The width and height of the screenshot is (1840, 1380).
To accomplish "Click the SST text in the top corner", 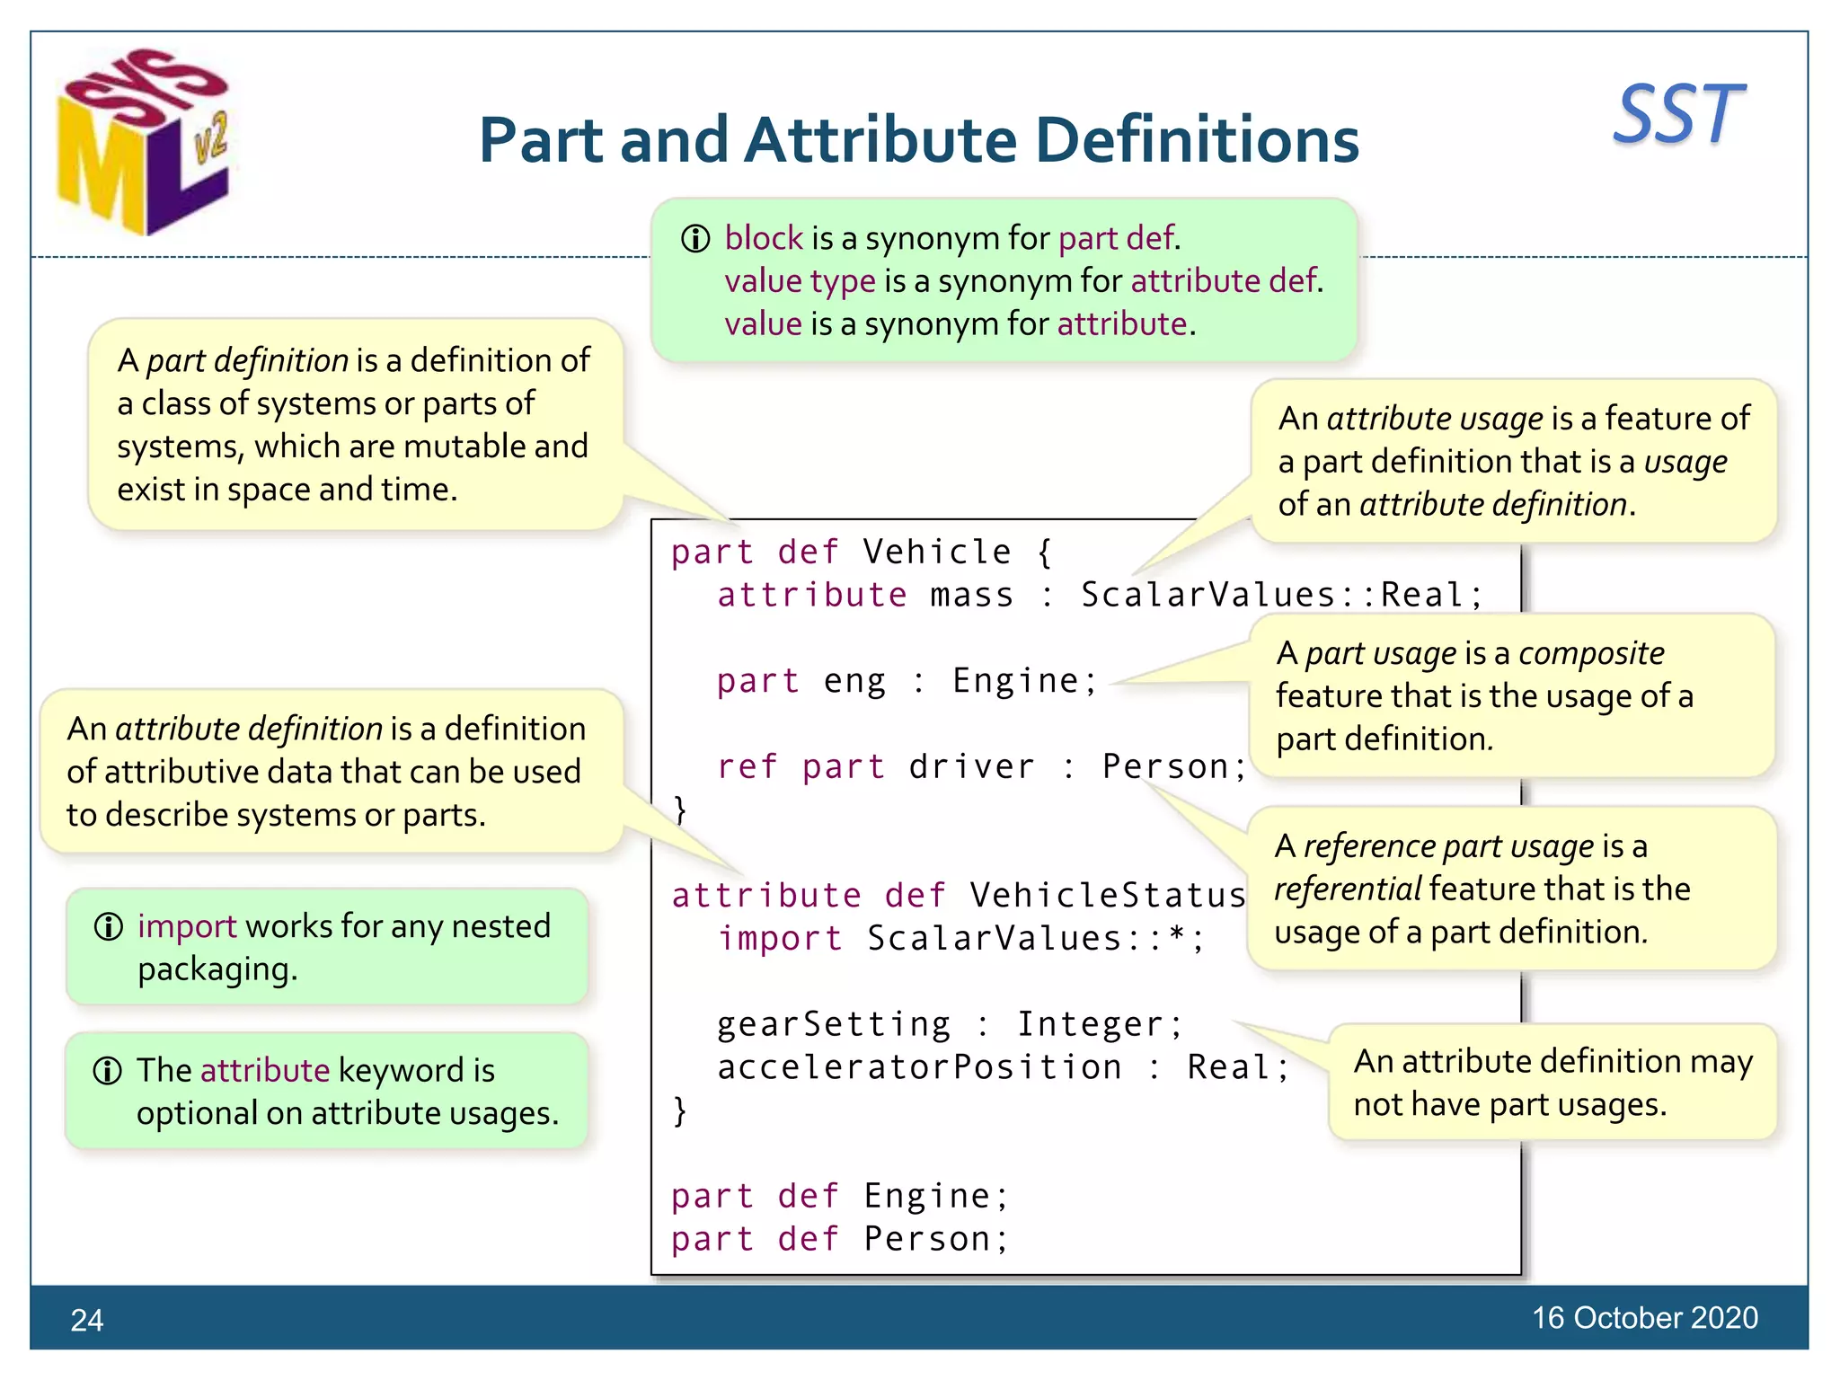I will click(x=1677, y=114).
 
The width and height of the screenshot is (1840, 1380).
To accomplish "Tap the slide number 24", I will click(x=87, y=1320).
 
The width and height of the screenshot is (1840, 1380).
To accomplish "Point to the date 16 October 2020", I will click(x=1644, y=1317).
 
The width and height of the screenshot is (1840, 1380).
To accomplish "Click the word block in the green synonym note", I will click(x=764, y=238).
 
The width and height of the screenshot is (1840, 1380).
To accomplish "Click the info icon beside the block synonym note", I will click(x=695, y=239).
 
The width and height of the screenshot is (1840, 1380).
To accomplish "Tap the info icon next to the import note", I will click(x=109, y=926).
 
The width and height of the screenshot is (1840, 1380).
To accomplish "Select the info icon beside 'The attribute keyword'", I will click(x=108, y=1071).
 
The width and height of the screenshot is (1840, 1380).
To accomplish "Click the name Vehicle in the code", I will click(x=937, y=552).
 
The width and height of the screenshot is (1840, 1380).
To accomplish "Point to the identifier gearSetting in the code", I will click(x=834, y=1024).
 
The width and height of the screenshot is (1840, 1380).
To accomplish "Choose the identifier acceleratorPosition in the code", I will click(x=919, y=1067).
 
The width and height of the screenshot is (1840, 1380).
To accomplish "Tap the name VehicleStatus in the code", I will click(x=1108, y=895).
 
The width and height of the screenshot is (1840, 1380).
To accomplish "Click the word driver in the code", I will click(x=972, y=766).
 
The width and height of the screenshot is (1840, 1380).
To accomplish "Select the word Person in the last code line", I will click(x=927, y=1239).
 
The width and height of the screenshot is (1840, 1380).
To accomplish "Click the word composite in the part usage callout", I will click(x=1591, y=653).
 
